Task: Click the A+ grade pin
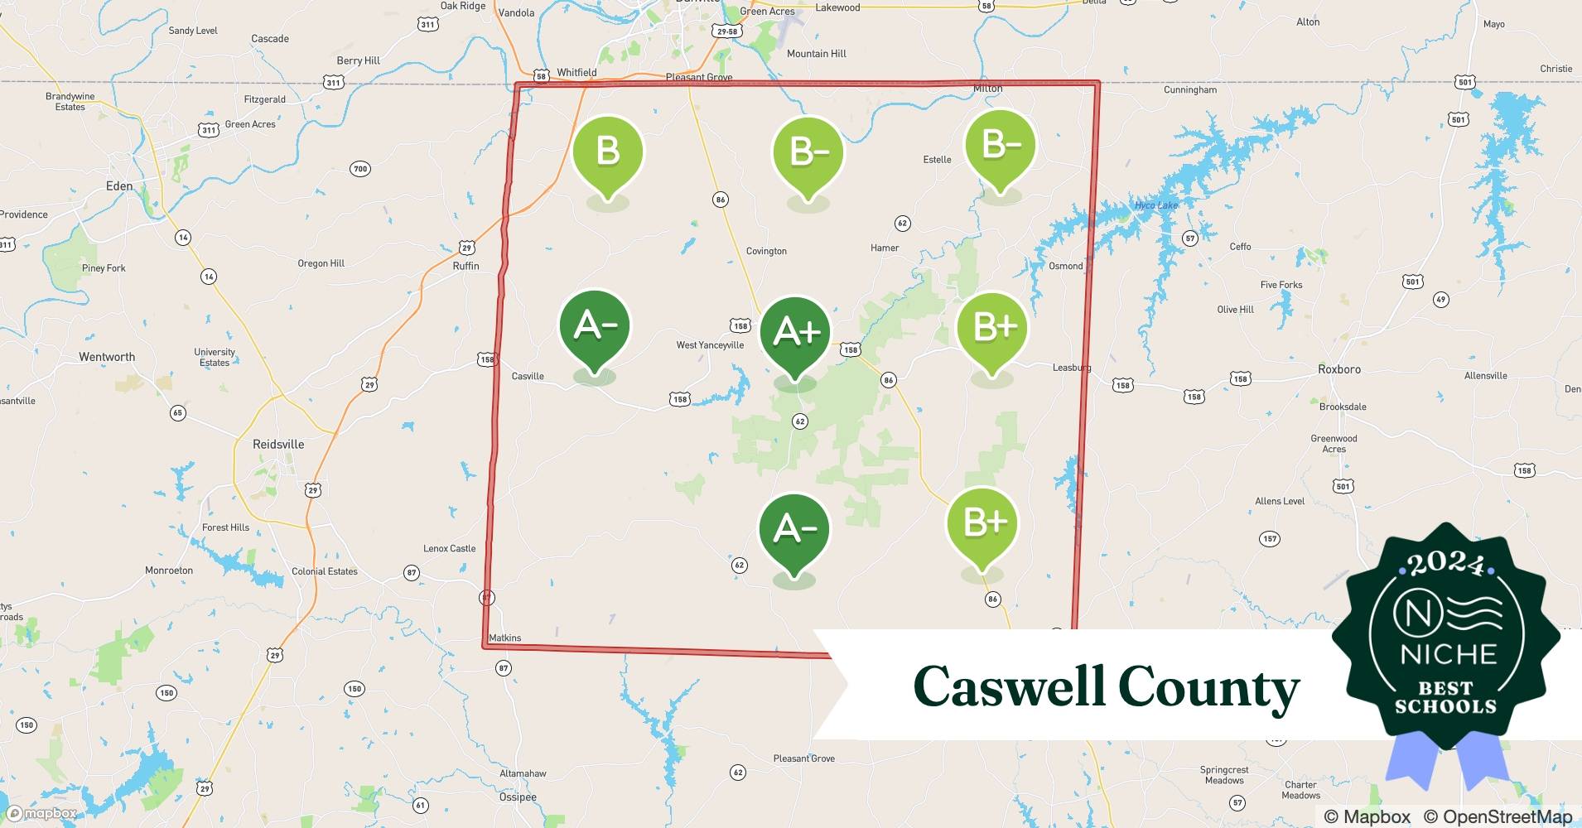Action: point(795,333)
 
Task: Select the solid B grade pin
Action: point(608,152)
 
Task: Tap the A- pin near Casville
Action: point(595,326)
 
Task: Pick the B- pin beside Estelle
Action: point(1001,146)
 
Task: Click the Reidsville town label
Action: point(278,445)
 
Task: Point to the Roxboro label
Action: point(1339,369)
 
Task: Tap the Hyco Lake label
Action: point(1155,205)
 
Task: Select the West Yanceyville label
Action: point(710,345)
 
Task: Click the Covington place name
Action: point(766,251)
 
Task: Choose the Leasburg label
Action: point(1072,368)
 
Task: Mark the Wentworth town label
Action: point(107,357)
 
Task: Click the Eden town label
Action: point(119,186)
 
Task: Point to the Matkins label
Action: point(505,638)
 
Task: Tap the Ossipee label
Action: point(518,797)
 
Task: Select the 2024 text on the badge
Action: point(1446,565)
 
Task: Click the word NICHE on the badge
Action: point(1449,654)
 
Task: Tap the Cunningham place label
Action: point(1190,89)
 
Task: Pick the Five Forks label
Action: point(1281,285)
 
